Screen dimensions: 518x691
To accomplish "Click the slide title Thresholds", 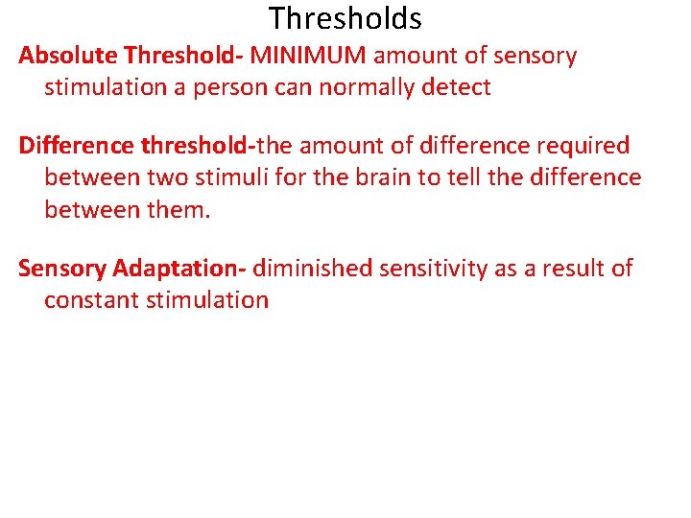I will pyautogui.click(x=345, y=18).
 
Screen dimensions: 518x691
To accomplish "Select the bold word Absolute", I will pyautogui.click(x=68, y=56).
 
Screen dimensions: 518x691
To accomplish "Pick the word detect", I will pyautogui.click(x=460, y=88).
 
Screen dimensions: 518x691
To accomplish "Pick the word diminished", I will pyautogui.click(x=313, y=268).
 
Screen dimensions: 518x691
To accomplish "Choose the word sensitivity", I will pyautogui.click(x=434, y=268).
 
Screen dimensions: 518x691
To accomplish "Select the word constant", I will pyautogui.click(x=92, y=299).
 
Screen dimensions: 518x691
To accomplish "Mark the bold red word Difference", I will pyautogui.click(x=77, y=146).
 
